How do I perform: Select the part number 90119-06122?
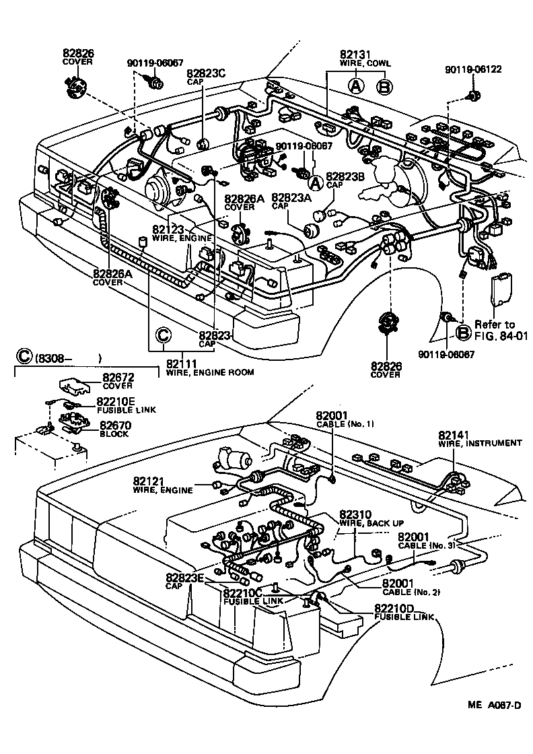click(473, 69)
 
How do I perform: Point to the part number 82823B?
click(345, 176)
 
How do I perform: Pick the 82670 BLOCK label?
click(115, 429)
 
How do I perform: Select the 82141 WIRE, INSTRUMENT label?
click(479, 438)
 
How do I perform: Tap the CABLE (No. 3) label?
click(435, 541)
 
